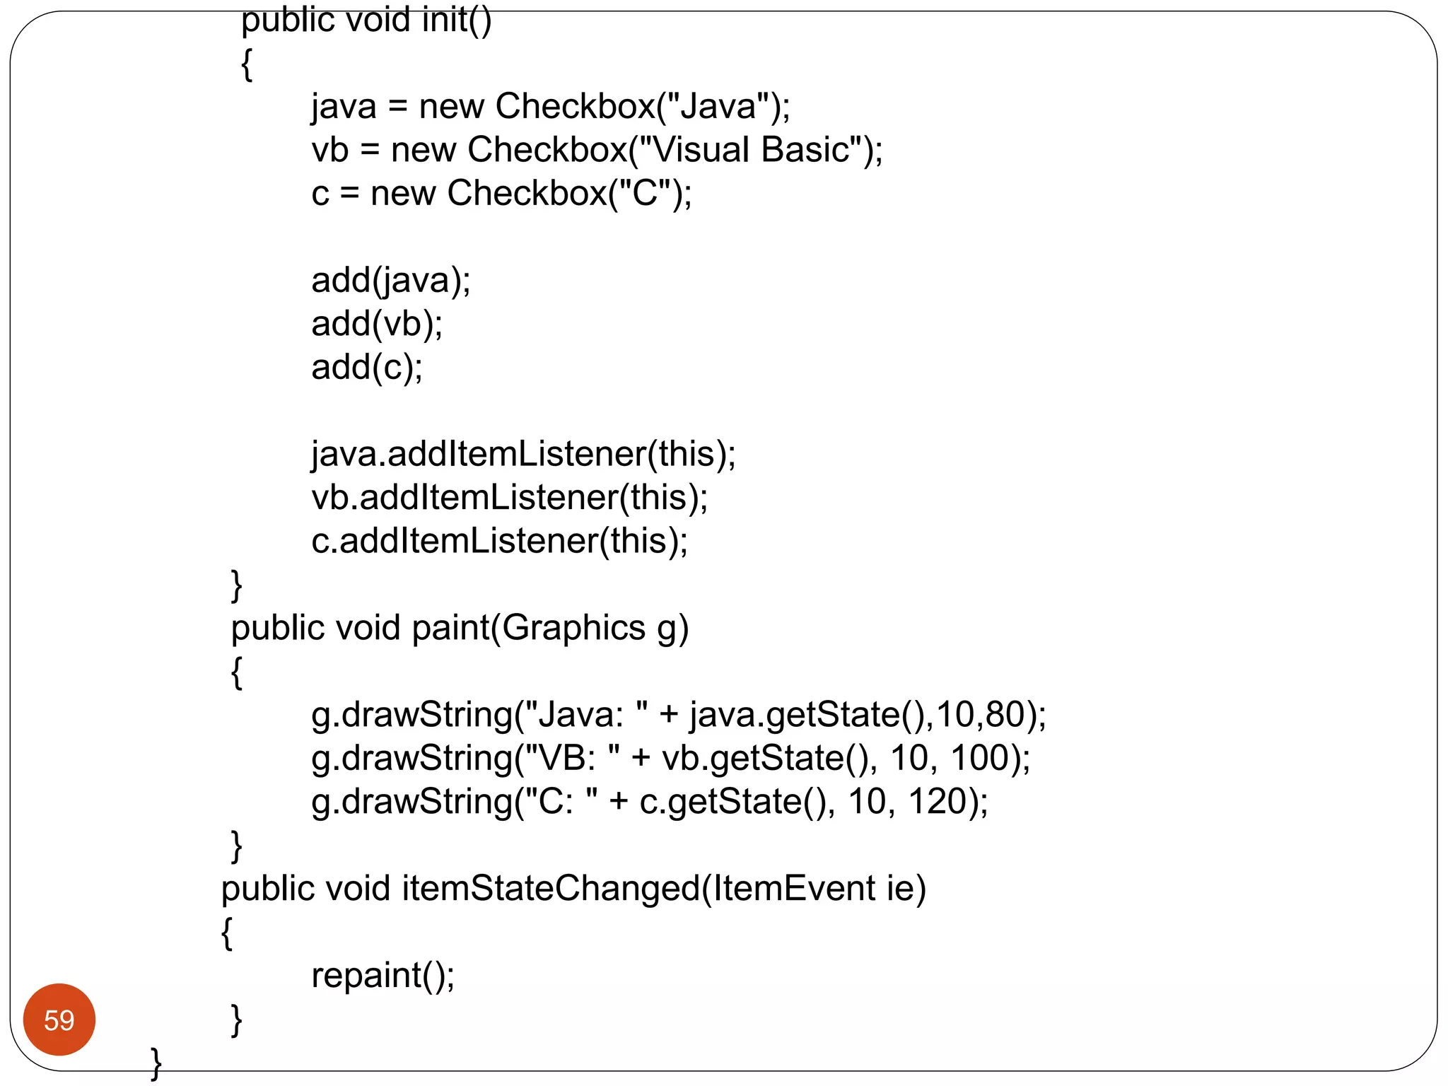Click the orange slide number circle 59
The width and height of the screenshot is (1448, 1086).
pos(59,1020)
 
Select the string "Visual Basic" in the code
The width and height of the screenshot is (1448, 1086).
pos(749,150)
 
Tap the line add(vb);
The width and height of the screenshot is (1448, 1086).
pos(377,324)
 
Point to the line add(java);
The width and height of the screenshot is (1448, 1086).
pos(390,281)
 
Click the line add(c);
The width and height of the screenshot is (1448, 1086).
pos(367,367)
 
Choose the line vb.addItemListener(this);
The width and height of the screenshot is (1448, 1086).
pos(509,498)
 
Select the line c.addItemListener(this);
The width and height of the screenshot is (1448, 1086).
pos(499,541)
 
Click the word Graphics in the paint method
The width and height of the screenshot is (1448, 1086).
pos(573,628)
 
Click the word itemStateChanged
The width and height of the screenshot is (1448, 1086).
pos(551,889)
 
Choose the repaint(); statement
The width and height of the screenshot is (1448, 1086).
pos(383,976)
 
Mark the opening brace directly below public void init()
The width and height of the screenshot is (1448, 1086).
pos(247,65)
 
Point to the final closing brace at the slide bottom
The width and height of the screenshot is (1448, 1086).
pos(156,1063)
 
